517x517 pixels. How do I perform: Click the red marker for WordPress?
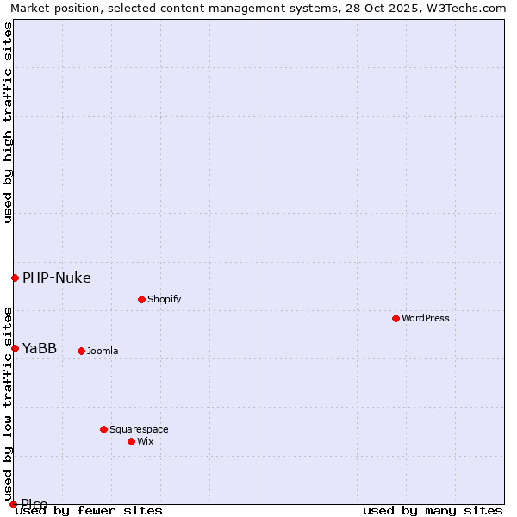(x=396, y=318)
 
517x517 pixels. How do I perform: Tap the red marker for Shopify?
(x=141, y=299)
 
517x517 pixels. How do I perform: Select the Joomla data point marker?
(x=81, y=351)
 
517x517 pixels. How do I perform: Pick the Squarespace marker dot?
(x=103, y=429)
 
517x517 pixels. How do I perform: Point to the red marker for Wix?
(x=131, y=441)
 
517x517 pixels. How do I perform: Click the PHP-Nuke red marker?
(x=15, y=277)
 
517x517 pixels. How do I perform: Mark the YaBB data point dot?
(x=15, y=348)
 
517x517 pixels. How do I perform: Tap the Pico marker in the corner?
(x=13, y=504)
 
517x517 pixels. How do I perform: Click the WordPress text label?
(x=426, y=318)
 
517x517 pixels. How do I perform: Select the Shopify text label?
(x=164, y=299)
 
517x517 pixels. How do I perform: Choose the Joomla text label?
(x=103, y=351)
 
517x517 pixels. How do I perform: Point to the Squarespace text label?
(x=139, y=429)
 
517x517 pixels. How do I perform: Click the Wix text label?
(x=145, y=441)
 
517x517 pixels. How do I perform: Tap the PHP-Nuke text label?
(x=56, y=277)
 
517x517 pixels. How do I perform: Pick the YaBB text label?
(x=40, y=348)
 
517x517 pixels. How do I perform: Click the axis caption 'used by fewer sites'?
(x=89, y=510)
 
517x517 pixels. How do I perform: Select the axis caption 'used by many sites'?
(x=433, y=510)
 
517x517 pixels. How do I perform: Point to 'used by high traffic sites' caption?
(x=8, y=122)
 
